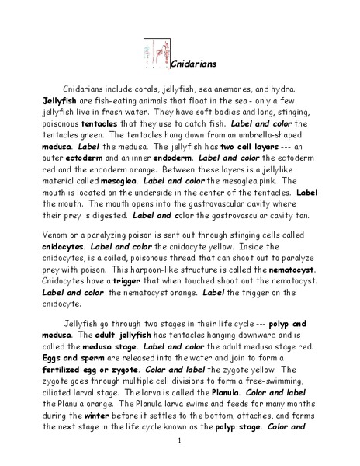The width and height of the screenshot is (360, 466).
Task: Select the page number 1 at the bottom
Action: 179,443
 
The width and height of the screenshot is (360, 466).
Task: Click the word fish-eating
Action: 109,101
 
